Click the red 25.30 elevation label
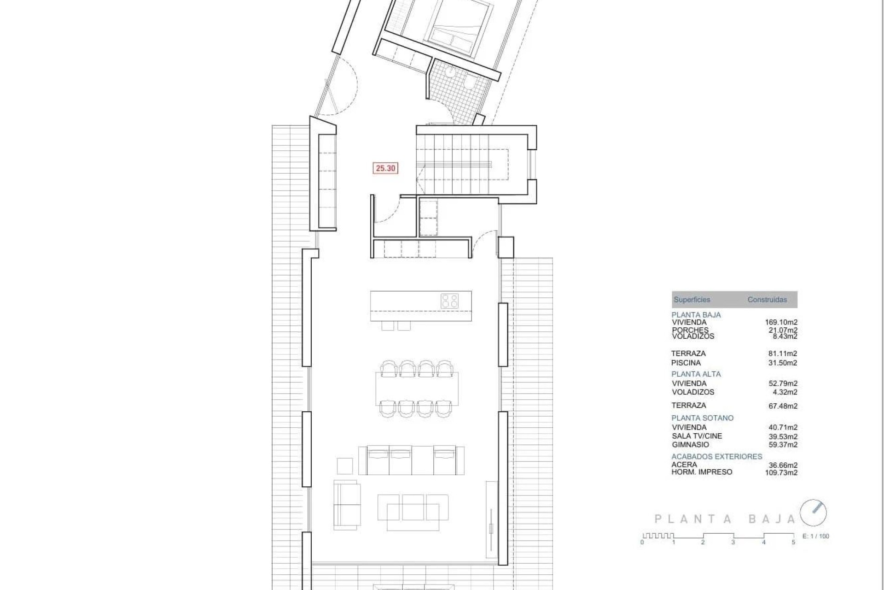pos(385,168)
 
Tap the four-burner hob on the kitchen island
pos(449,301)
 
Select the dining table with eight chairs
pos(417,389)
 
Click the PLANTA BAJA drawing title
pos(725,519)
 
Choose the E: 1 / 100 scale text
pos(815,536)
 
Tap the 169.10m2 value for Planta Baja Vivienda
pos(781,323)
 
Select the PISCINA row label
pos(686,363)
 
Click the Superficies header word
pos(692,300)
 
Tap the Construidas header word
pos(767,300)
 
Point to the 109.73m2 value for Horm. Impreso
pos(781,472)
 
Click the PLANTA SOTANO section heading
pos(702,418)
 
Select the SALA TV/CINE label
pos(697,436)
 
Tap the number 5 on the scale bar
pos(793,543)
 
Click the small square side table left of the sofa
pos(345,466)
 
